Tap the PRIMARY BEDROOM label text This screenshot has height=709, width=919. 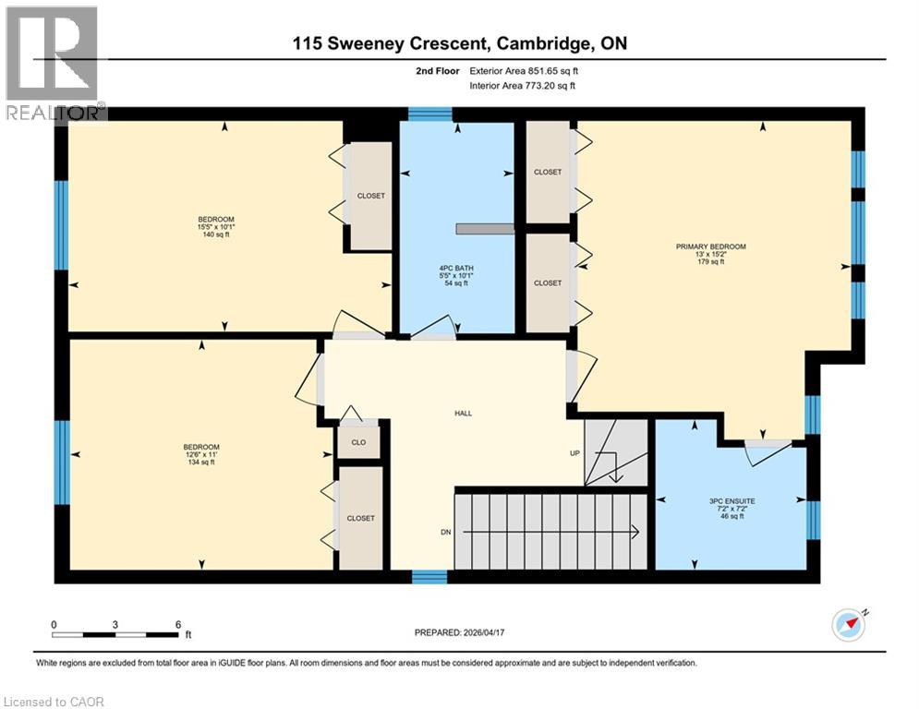click(x=710, y=254)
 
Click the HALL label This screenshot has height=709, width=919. click(x=463, y=413)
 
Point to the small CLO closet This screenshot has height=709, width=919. click(x=359, y=441)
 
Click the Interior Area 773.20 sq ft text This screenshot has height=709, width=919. click(x=522, y=85)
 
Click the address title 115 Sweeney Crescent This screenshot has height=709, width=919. click(x=459, y=42)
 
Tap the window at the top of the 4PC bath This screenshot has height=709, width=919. click(x=429, y=114)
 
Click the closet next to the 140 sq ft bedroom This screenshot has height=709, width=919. click(x=370, y=196)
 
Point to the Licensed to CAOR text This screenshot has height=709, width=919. click(x=54, y=702)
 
